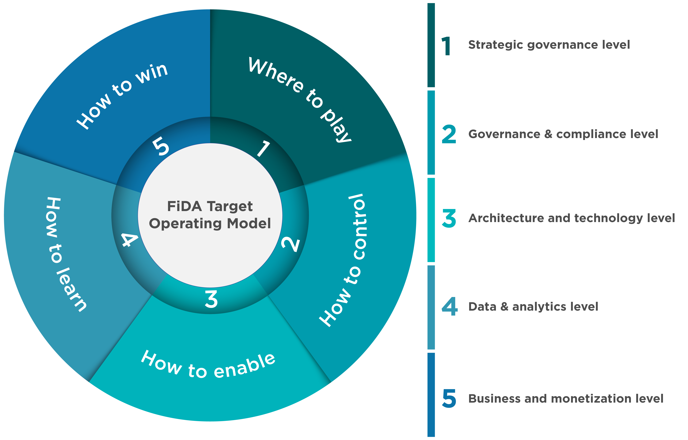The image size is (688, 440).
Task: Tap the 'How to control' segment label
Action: (x=343, y=260)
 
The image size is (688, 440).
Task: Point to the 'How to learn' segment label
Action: (x=66, y=254)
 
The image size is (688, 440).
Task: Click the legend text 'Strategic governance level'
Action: (x=549, y=45)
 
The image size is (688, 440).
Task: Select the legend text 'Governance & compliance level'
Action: (x=563, y=134)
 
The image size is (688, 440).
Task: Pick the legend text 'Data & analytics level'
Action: (x=533, y=307)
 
